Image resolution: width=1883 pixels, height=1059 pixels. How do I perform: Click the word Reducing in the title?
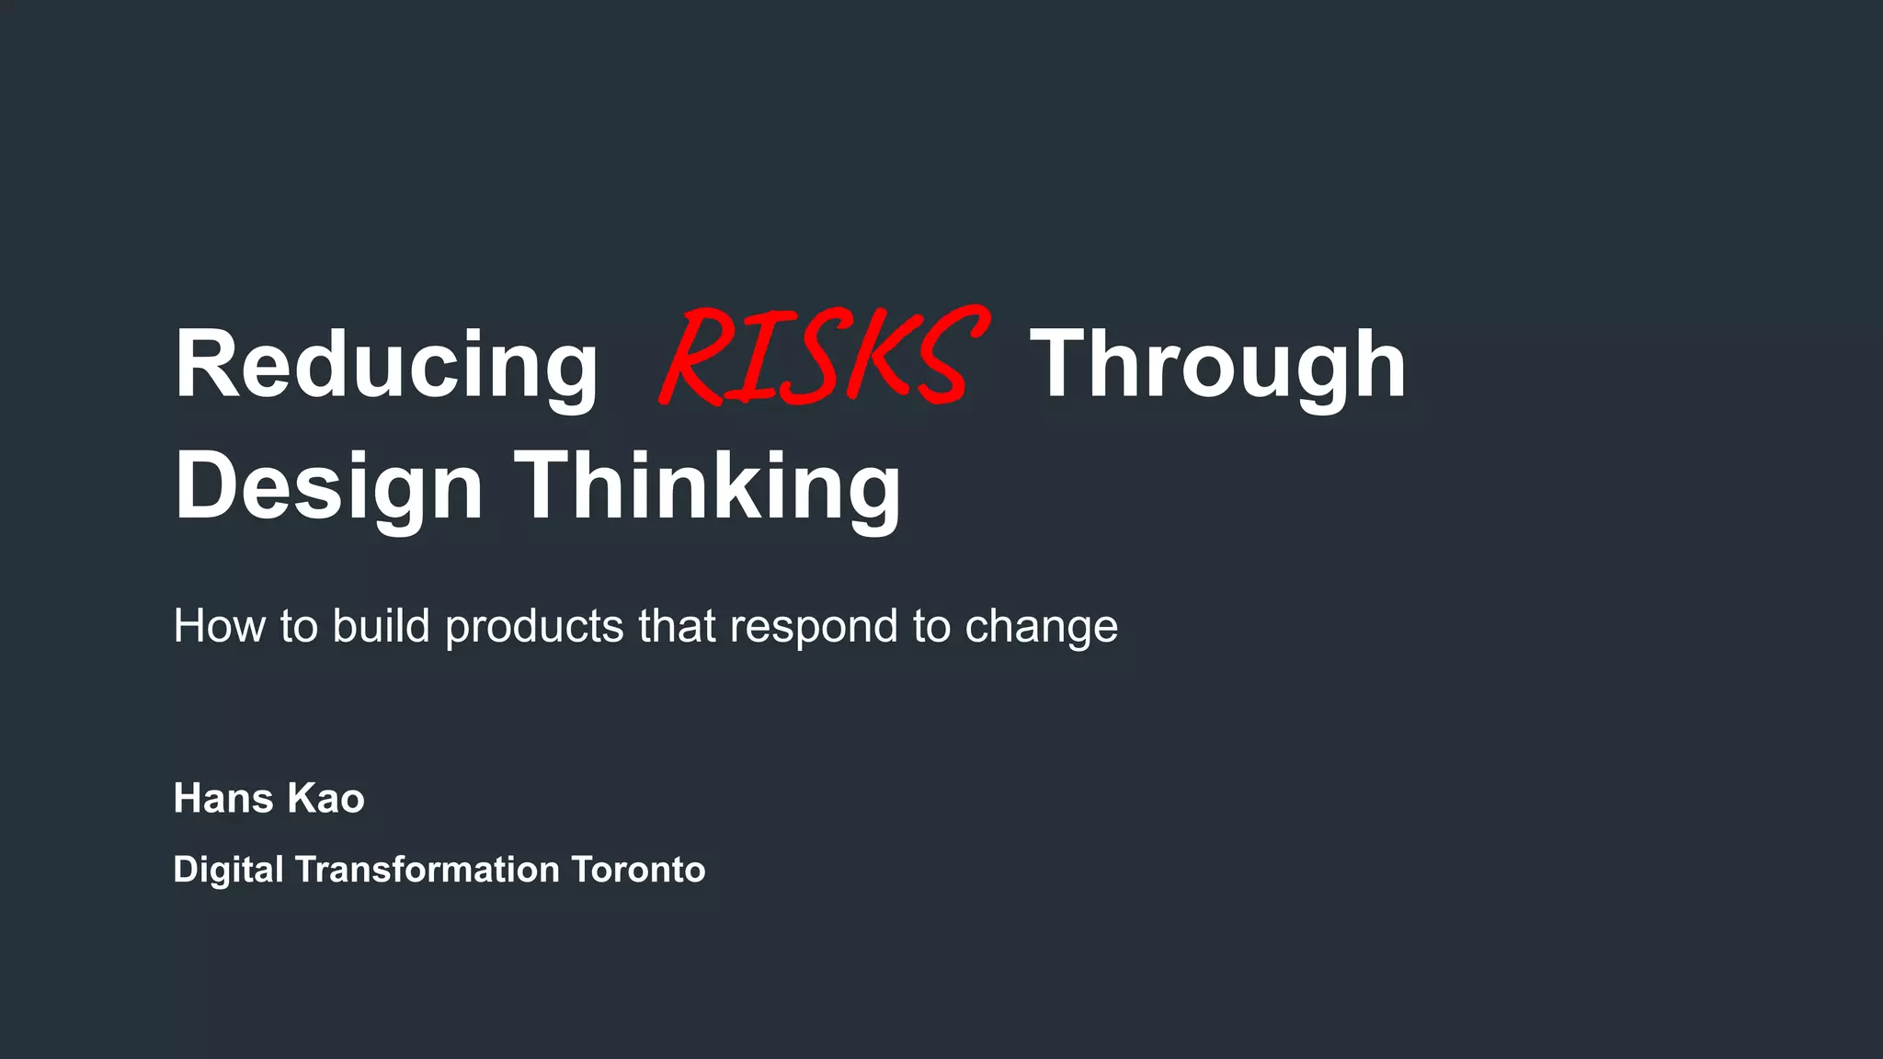386,366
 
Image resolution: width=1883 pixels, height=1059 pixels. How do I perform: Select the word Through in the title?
1217,366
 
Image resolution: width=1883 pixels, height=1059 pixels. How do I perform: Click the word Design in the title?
328,487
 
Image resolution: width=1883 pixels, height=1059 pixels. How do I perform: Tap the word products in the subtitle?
534,628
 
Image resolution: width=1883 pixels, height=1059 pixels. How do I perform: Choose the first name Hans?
223,798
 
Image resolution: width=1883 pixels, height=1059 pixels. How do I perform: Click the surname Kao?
325,798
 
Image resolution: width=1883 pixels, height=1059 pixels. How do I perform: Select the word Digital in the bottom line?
228,870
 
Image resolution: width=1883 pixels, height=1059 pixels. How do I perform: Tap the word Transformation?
427,870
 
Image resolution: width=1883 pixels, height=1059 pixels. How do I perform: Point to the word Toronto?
638,870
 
